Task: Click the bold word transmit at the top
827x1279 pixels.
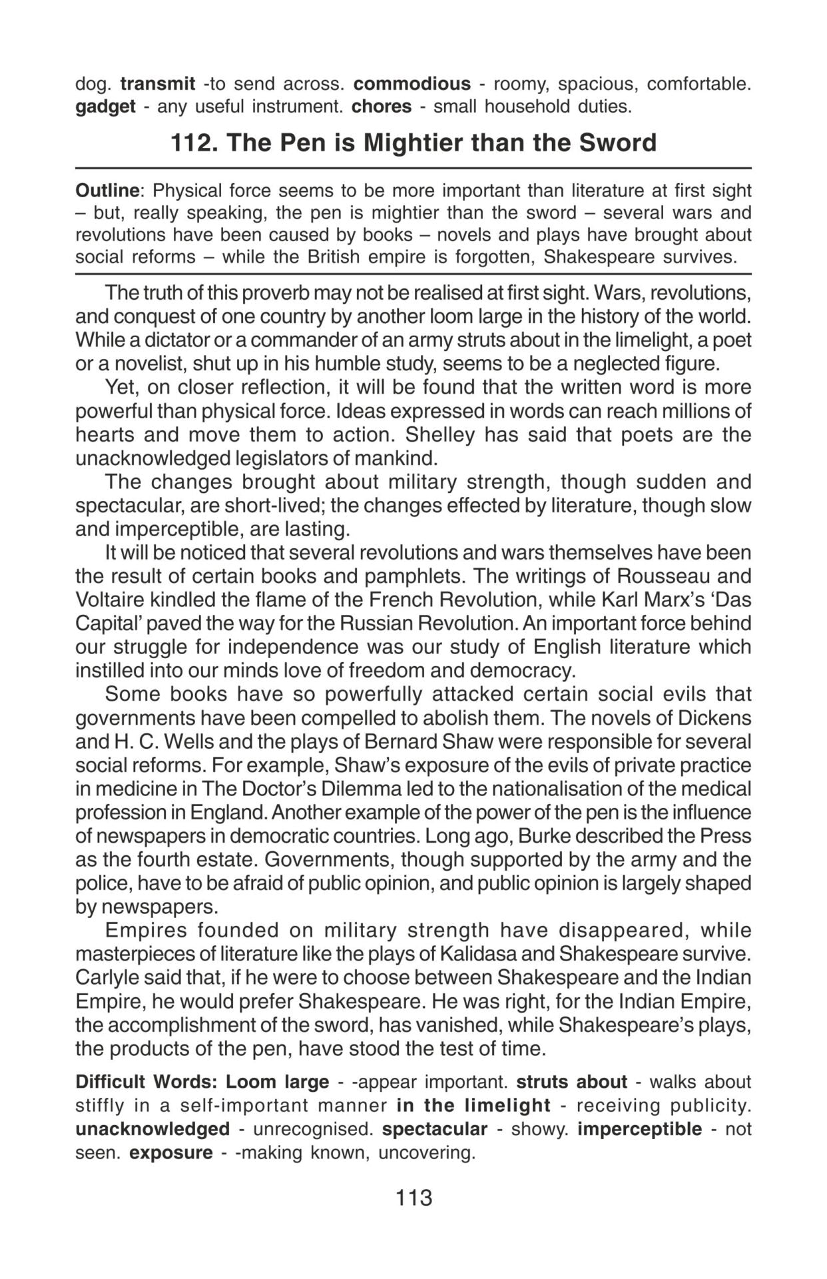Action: coord(158,84)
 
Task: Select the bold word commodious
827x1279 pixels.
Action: coord(412,84)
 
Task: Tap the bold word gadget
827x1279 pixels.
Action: coord(105,107)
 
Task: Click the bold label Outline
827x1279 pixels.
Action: coord(107,191)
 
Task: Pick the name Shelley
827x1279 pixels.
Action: coord(440,435)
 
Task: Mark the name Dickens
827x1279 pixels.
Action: coord(714,718)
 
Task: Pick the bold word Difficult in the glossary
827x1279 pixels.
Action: coord(111,1082)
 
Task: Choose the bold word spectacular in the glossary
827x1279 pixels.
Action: coord(435,1129)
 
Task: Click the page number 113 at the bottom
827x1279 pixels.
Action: coord(413,1198)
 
